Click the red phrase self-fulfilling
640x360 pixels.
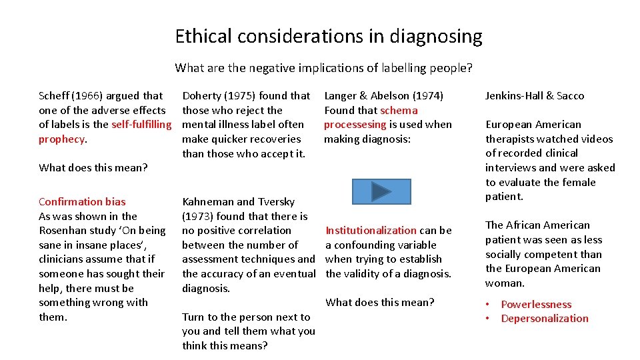pos(141,125)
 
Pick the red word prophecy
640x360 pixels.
pos(61,139)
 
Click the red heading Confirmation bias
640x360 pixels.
pos(82,202)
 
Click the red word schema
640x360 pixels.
pos(399,111)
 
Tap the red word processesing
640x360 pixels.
pos(355,125)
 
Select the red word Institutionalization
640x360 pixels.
pos(371,231)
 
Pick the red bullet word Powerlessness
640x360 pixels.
pos(536,305)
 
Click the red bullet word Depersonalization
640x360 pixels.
pos(545,319)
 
